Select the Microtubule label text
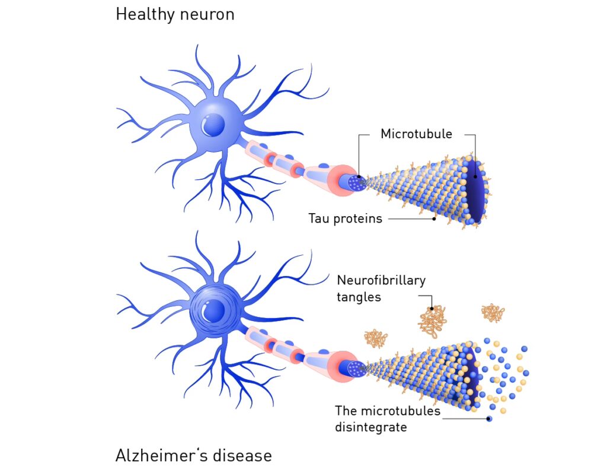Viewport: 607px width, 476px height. [x=416, y=134]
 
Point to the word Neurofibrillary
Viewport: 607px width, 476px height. [x=381, y=280]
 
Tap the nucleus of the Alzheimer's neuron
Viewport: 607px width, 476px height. [x=213, y=310]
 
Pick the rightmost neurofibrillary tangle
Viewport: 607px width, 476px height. [x=493, y=313]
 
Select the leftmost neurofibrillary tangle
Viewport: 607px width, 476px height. [x=376, y=339]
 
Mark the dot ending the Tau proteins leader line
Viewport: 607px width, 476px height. [x=434, y=218]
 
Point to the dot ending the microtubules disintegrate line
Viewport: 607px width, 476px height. [x=489, y=419]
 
